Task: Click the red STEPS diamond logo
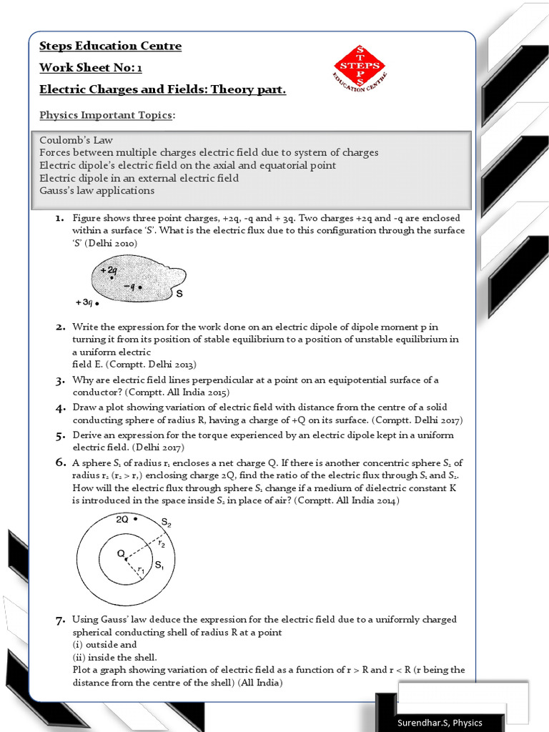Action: [360, 66]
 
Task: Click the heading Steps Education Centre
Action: [110, 46]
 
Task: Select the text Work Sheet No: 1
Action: [85, 69]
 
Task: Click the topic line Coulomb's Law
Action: [76, 140]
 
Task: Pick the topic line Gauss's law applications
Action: [97, 191]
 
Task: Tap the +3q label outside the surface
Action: [84, 302]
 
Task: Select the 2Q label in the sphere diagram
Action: [122, 520]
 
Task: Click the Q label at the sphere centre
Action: [121, 553]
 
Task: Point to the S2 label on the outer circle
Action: [166, 524]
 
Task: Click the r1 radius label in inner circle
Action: [141, 570]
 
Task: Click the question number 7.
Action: [61, 620]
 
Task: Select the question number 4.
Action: [61, 407]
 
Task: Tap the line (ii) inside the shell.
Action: [114, 657]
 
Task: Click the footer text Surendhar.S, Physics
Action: [440, 722]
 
